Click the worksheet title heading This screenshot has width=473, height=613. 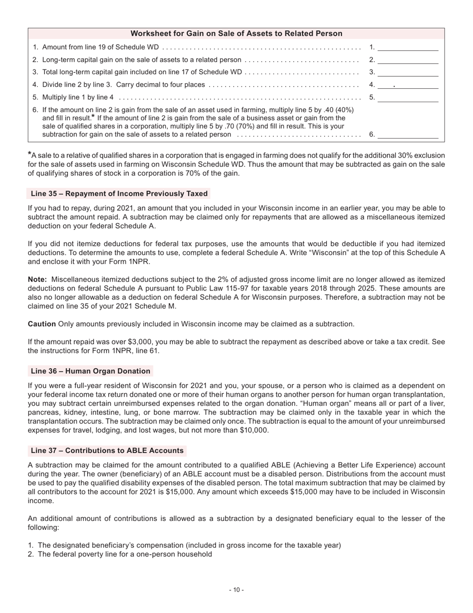(236, 33)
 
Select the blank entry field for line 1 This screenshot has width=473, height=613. (408, 47)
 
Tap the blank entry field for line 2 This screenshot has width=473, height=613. (408, 60)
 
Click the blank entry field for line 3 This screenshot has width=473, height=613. (408, 72)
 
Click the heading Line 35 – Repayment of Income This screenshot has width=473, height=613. (119, 193)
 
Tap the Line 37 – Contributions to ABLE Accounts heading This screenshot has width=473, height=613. (107, 451)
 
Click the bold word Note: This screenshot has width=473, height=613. (37, 280)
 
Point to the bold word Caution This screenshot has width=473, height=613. (42, 324)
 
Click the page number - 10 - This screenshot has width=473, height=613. (236, 590)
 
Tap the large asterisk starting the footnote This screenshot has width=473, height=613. (30, 155)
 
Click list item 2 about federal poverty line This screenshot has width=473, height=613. (124, 554)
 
